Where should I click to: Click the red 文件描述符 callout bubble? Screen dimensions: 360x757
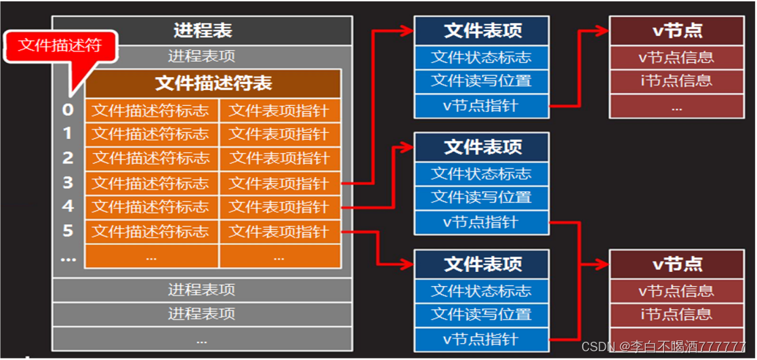click(x=60, y=45)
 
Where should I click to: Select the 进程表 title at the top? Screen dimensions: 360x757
click(x=203, y=31)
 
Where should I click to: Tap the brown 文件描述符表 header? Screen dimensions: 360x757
click(x=213, y=83)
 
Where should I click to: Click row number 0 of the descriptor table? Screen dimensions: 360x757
click(x=67, y=110)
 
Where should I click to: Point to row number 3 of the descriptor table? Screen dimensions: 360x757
click(x=67, y=182)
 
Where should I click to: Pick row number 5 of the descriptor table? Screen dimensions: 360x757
click(x=67, y=231)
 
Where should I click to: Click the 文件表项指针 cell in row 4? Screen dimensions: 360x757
click(x=279, y=207)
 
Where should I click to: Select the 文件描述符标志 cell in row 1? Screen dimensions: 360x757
click(x=151, y=134)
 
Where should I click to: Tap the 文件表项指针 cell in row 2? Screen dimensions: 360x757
click(x=279, y=158)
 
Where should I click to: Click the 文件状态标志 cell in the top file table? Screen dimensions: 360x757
click(x=481, y=57)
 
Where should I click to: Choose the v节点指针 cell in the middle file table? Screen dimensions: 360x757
click(x=481, y=222)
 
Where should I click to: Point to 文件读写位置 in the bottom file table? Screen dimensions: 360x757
click(x=481, y=315)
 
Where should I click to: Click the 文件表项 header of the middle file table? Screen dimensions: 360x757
click(x=481, y=146)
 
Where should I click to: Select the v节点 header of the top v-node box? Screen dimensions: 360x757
click(x=677, y=31)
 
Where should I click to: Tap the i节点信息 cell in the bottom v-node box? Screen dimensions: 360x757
click(x=677, y=315)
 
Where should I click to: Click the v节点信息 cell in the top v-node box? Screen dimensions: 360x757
click(x=677, y=57)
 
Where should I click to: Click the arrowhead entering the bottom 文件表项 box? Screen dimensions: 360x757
click(x=408, y=263)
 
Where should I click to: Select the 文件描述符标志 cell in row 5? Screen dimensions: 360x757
click(x=151, y=231)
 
